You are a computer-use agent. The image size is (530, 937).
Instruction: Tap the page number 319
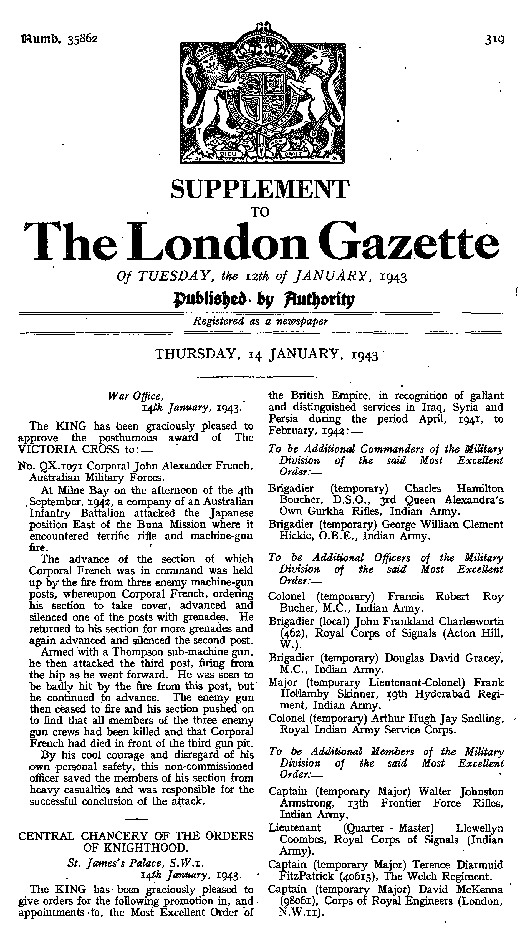494,39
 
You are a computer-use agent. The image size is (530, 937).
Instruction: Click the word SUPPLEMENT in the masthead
260,189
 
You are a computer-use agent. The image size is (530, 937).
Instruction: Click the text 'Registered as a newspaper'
260,321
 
